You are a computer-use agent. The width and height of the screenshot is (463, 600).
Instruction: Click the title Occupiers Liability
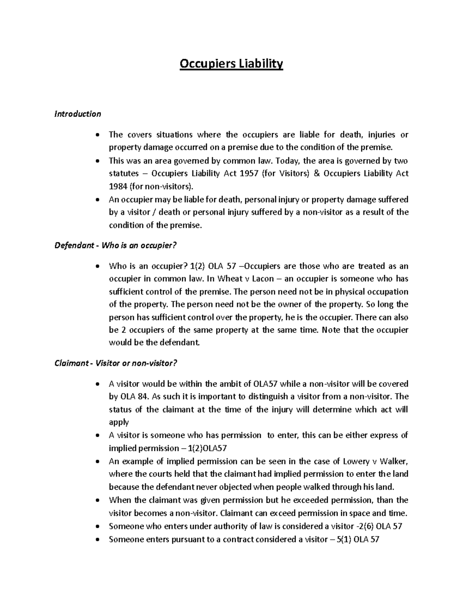point(231,63)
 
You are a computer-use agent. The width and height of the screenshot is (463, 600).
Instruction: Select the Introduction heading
point(78,114)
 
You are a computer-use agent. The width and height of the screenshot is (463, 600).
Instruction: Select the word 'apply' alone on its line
point(119,423)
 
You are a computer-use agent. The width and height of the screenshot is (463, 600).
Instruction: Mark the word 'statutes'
point(123,173)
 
